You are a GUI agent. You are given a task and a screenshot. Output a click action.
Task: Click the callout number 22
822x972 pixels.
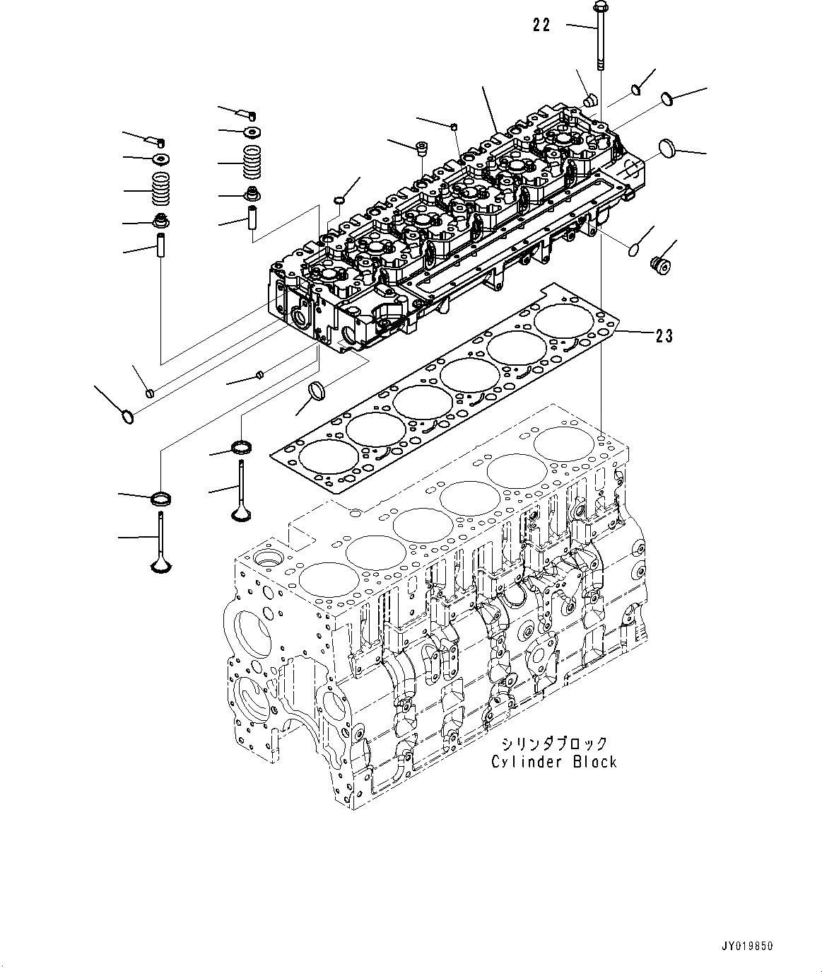click(541, 25)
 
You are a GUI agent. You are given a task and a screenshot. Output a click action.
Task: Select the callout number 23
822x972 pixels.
click(664, 335)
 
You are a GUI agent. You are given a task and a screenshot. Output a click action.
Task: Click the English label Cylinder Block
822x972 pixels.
click(555, 762)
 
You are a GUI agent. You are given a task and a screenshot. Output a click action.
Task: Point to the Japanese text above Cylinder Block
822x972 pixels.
click(555, 744)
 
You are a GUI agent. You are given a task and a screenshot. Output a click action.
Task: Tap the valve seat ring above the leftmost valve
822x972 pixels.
click(163, 498)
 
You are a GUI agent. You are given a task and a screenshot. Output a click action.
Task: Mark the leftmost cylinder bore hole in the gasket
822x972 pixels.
click(324, 457)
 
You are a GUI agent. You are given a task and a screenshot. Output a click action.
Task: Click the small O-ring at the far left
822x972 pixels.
click(128, 417)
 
